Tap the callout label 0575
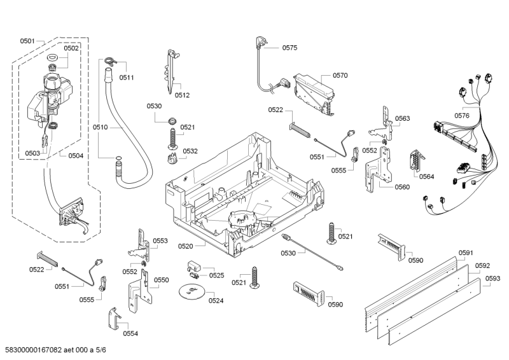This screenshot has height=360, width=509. [x=289, y=48]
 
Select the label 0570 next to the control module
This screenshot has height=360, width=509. [x=340, y=75]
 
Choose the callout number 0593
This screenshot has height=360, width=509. [x=492, y=278]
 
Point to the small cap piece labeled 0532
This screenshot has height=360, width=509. [x=171, y=157]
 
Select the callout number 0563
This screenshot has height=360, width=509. [x=402, y=118]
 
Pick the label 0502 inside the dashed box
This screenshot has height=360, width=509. [x=71, y=48]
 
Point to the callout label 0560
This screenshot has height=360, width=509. [x=401, y=187]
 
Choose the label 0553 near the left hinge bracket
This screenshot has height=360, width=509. [x=160, y=241]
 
